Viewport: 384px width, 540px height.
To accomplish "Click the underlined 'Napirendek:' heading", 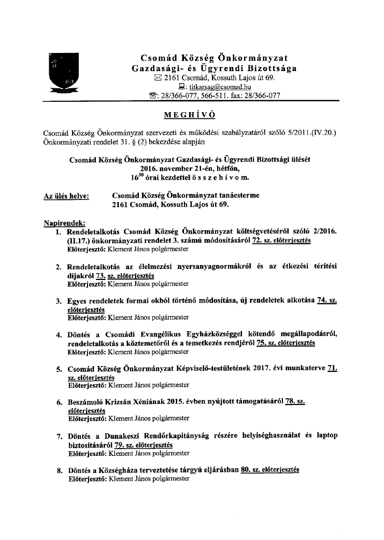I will coord(65,223).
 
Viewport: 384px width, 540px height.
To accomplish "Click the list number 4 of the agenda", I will coord(59,334).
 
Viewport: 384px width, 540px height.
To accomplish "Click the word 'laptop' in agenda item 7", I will coord(325,436).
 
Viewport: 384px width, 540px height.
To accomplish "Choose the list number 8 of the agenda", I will coord(59,470).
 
